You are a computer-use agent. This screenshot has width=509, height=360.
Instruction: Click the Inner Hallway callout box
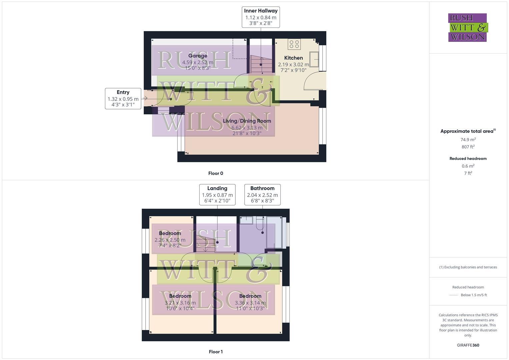261,17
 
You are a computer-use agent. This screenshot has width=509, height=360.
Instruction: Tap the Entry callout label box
123,98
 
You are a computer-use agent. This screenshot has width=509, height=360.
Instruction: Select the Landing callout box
217,195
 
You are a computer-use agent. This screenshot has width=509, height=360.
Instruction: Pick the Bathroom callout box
262,195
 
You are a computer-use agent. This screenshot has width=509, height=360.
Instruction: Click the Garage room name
198,56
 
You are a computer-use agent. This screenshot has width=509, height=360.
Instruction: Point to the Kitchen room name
293,58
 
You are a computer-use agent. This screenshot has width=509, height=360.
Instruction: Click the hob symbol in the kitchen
294,44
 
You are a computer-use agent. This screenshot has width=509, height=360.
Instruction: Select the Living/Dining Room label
247,121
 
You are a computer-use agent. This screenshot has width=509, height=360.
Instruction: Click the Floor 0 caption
216,173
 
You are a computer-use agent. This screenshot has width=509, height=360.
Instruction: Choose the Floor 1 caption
216,352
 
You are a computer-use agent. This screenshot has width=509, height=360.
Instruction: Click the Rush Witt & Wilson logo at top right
468,28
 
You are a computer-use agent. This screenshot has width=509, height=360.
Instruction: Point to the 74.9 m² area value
468,140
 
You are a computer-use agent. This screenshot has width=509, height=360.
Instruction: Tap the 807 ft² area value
468,147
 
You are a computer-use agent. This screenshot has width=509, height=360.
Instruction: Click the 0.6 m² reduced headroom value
468,166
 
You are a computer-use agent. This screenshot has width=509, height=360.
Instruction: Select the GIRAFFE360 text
468,345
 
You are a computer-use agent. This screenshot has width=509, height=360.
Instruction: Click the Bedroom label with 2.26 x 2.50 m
170,233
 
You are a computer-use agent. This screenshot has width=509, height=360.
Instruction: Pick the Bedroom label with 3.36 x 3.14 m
250,296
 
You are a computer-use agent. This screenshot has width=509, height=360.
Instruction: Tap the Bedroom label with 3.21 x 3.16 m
180,296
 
